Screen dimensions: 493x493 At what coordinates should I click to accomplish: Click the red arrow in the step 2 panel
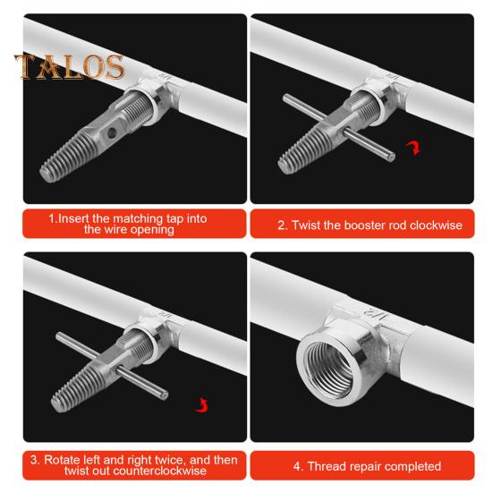413,147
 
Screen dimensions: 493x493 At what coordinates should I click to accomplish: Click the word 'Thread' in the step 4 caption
328,466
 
